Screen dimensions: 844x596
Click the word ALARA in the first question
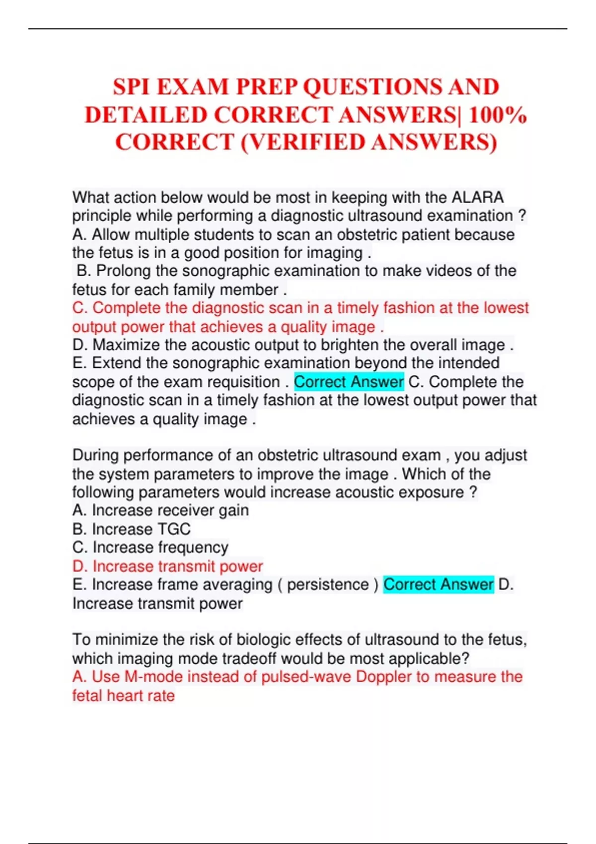click(x=477, y=197)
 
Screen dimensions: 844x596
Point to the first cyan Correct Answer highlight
click(x=349, y=382)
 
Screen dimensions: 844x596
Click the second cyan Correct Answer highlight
click(x=438, y=584)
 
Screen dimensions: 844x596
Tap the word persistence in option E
click(x=328, y=584)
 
